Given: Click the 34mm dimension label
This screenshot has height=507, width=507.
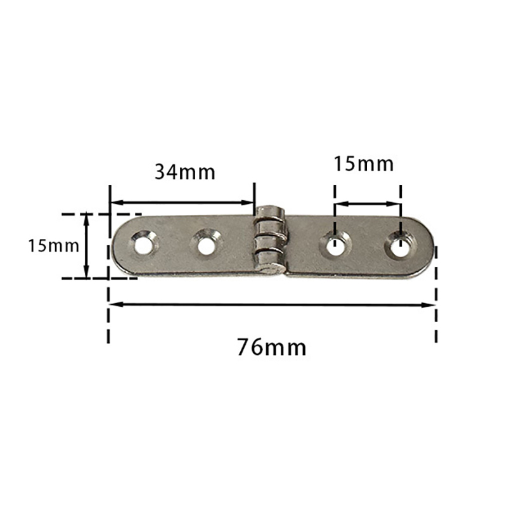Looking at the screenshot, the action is pos(185,172).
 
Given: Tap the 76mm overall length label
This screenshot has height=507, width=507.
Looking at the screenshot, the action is pos(272,347).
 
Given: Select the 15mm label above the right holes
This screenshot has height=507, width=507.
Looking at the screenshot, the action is pos(363,164).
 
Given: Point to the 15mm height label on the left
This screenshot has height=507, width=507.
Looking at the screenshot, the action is pos(53,246).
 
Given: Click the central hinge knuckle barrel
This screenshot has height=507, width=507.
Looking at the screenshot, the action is pos(271,240).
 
